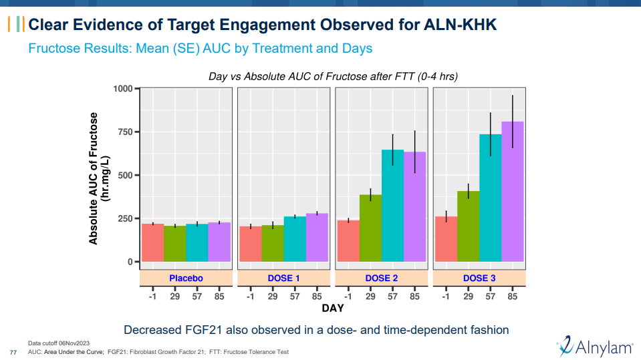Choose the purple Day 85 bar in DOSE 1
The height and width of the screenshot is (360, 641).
tap(317, 237)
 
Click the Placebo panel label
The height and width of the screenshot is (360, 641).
tap(186, 278)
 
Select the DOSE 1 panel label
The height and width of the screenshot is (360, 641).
tap(283, 278)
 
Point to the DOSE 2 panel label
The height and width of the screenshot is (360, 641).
tap(382, 278)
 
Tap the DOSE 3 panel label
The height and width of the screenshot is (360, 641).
tap(479, 278)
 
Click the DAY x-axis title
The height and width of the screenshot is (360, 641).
tap(333, 309)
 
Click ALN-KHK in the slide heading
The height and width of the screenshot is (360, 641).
tap(461, 25)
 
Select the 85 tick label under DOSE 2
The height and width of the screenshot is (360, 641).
tap(414, 296)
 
